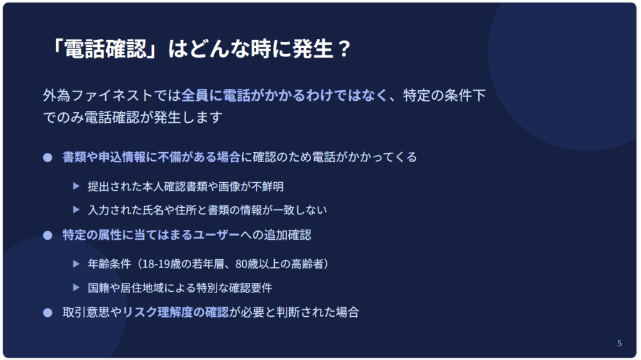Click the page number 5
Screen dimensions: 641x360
[x=619, y=343]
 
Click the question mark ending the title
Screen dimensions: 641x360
[x=345, y=49]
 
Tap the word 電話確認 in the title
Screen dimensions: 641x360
[x=105, y=49]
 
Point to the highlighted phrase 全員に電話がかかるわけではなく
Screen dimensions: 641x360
[x=285, y=95]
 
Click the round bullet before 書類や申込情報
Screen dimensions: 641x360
[x=48, y=158]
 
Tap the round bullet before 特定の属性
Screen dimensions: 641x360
[x=48, y=235]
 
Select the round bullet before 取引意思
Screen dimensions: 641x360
[x=48, y=313]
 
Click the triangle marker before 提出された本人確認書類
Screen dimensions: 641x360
[x=76, y=186]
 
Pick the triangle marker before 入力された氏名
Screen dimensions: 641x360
[x=76, y=210]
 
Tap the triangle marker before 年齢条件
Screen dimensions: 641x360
[x=76, y=264]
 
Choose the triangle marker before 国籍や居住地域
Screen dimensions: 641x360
[x=76, y=287]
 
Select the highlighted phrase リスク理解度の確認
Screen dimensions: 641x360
[x=175, y=312]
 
